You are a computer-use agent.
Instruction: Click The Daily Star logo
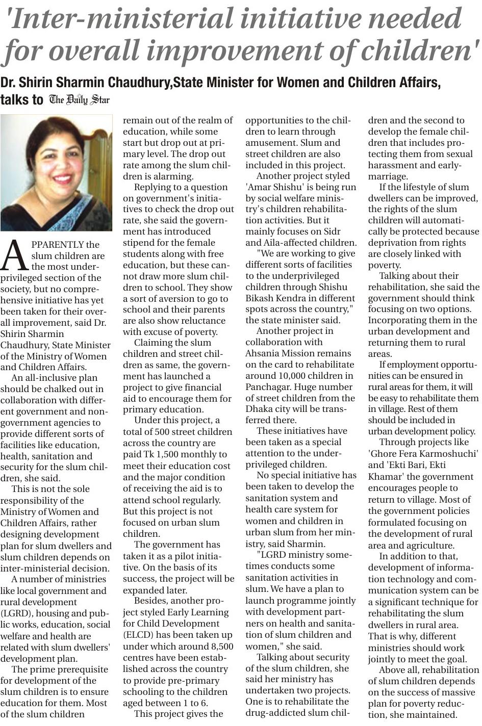click(79, 99)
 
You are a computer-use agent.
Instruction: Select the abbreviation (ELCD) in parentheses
click(140, 635)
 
